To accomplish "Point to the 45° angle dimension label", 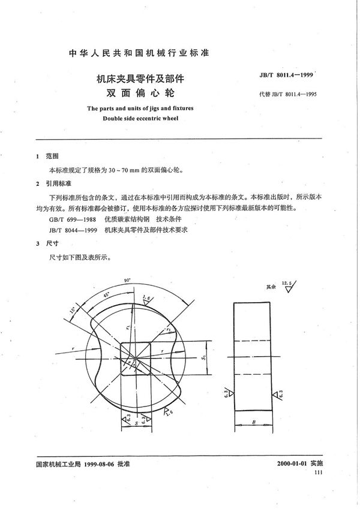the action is click(106, 295).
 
